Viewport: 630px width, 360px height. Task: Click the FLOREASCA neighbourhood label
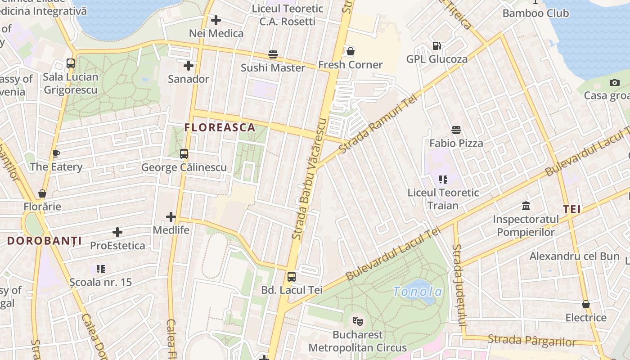[220, 127]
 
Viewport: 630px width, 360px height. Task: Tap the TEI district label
[571, 209]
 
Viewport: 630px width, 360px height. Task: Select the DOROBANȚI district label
[44, 241]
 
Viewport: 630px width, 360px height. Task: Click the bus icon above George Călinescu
[184, 154]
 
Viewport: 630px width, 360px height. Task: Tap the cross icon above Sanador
[189, 66]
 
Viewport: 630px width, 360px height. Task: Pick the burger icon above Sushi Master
[273, 54]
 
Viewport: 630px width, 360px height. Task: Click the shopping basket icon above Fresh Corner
[351, 51]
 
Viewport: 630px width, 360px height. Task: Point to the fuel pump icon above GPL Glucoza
[436, 45]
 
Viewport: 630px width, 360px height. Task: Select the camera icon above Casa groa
[614, 82]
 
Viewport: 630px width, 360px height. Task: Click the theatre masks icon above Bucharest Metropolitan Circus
[358, 321]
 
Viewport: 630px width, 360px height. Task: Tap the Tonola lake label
[418, 292]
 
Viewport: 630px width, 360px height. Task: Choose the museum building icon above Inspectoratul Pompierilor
[526, 206]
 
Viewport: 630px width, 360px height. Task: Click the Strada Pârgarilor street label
[532, 341]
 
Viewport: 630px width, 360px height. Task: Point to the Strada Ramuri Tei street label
[379, 125]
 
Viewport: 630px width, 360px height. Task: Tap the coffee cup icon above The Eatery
[56, 153]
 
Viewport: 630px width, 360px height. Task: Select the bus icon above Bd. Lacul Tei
[292, 277]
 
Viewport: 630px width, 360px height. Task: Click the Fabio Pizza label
[456, 143]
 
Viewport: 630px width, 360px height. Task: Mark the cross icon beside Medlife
[171, 217]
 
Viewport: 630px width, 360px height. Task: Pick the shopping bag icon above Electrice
[585, 304]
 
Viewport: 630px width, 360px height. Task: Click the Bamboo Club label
[535, 13]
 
